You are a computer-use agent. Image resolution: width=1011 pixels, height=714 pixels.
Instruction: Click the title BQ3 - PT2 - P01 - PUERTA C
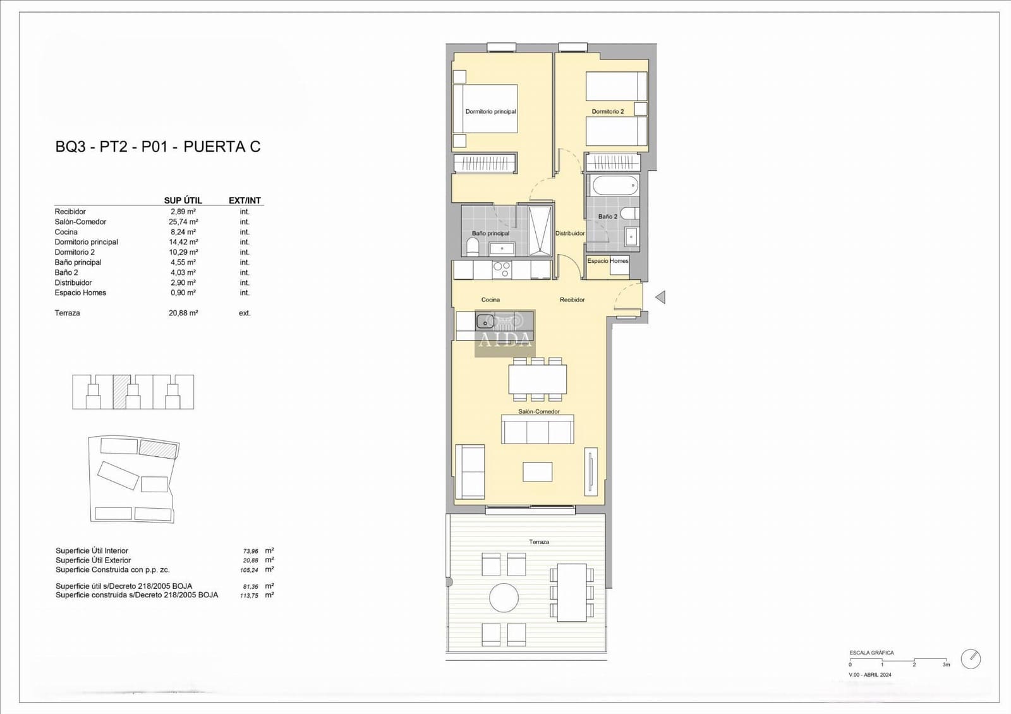coord(158,147)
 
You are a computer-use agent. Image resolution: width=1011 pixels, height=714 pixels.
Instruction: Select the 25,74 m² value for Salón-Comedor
coord(183,222)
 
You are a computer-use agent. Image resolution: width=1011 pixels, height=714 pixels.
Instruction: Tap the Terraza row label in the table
coord(67,313)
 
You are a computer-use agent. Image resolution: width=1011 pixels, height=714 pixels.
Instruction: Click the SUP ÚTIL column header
coord(183,200)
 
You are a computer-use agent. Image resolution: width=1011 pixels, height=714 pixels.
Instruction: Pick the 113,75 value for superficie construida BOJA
coord(249,595)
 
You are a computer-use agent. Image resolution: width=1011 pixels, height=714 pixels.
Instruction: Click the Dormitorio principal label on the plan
coord(490,112)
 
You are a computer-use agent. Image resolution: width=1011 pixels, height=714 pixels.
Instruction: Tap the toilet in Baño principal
coord(472,246)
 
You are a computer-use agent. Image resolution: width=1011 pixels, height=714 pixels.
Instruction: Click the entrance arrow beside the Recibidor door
coord(660,297)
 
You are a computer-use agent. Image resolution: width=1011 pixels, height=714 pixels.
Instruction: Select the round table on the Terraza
coord(504,597)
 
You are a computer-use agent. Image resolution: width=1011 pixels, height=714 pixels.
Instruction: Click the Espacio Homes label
coord(608,261)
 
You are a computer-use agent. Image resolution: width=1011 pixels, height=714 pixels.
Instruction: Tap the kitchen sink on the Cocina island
coord(485,321)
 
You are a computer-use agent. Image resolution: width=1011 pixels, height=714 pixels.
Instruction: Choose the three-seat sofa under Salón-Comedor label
coord(538,431)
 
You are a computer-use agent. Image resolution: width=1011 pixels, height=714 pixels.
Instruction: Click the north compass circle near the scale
coord(971,659)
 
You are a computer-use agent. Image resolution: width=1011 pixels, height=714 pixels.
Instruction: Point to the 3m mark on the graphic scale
coord(946,664)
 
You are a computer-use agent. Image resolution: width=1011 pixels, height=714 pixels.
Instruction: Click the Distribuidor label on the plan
coord(570,233)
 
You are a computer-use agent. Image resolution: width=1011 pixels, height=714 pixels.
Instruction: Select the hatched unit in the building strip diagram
coord(121,391)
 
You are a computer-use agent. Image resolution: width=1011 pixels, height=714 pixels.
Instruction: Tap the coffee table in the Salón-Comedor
coord(537,471)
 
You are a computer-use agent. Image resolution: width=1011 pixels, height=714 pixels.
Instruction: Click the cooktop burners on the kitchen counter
coord(502,270)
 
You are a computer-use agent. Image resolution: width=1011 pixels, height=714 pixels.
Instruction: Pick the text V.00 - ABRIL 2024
coord(870,675)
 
